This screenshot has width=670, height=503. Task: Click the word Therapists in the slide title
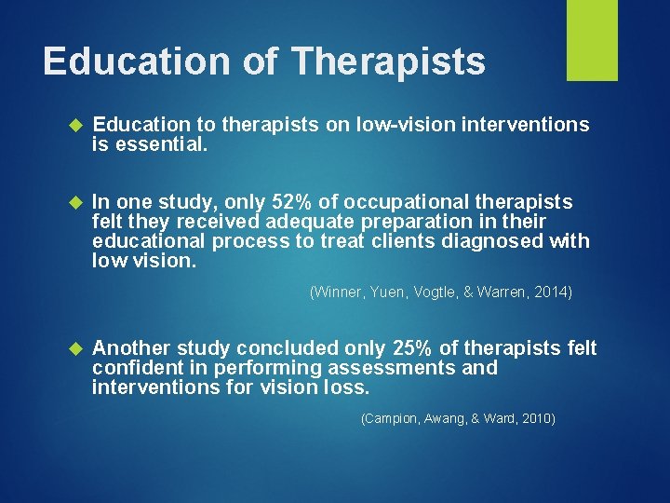388,61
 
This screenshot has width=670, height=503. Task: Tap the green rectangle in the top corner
593,40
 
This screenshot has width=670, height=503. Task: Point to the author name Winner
335,292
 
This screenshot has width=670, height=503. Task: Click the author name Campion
391,419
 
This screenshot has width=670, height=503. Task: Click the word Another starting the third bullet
131,348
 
